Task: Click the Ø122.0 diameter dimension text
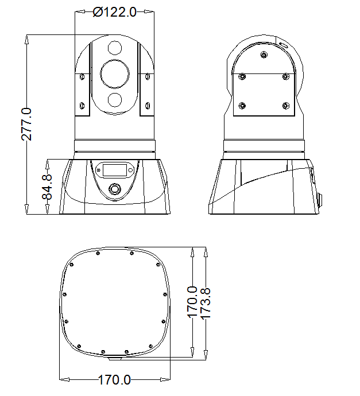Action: click(x=115, y=12)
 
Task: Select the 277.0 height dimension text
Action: click(x=26, y=125)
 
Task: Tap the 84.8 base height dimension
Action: click(x=47, y=187)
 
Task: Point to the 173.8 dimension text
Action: click(x=206, y=304)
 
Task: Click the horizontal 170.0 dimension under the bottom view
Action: click(x=114, y=379)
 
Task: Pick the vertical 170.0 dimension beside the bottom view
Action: click(x=192, y=302)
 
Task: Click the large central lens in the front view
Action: click(x=115, y=74)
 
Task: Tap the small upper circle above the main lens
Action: click(x=115, y=48)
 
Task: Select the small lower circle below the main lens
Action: click(x=115, y=99)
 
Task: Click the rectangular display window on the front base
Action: click(x=115, y=170)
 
